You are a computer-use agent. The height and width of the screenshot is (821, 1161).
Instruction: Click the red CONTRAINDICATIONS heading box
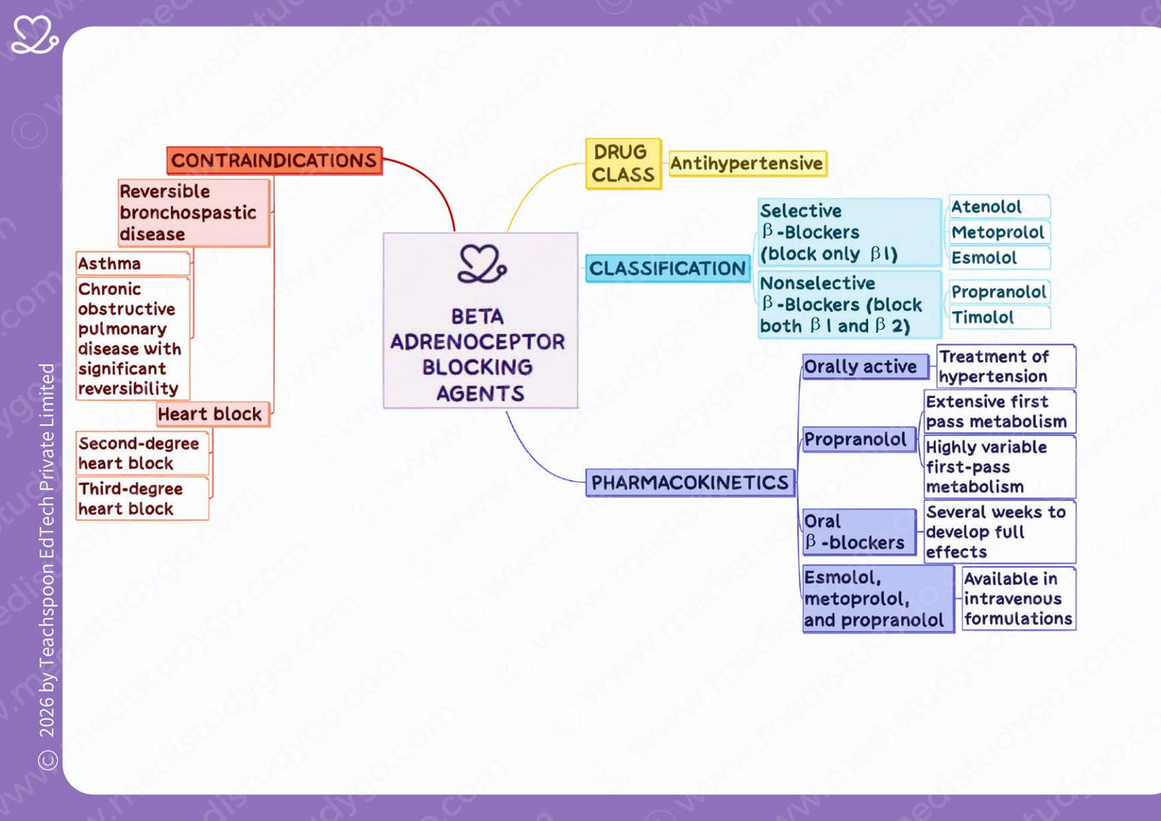coord(274,160)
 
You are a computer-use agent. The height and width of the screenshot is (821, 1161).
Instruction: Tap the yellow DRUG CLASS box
coord(624,164)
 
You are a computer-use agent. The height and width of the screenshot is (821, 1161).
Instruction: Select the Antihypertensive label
coord(747,164)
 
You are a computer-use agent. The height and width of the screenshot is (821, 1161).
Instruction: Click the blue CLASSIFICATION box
coord(668,269)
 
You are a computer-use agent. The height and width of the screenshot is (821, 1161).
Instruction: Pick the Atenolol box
coord(999,206)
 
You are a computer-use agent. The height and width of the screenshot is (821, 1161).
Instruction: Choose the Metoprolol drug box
coord(999,232)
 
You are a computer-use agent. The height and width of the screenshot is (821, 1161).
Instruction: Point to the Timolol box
coord(999,317)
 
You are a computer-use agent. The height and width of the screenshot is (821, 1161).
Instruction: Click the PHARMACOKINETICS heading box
coord(690,483)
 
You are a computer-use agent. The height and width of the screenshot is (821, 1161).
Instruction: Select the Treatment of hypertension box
coord(1006,367)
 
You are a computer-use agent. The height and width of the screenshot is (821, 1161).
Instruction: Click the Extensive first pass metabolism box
coord(1000,411)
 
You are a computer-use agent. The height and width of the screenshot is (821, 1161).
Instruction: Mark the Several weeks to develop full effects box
coord(1000,532)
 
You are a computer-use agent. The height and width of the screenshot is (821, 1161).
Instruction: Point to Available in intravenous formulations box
coord(1019,599)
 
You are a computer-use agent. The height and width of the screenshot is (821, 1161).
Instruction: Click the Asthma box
coord(134,264)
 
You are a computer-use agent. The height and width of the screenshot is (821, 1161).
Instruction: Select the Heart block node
coord(213,414)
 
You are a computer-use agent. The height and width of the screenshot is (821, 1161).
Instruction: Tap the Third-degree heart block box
coord(143,498)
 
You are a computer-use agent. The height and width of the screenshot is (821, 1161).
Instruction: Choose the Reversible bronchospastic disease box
coord(194,213)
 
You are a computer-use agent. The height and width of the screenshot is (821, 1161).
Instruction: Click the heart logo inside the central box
coord(482,264)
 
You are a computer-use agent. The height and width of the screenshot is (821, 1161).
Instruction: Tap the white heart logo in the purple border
coord(35,35)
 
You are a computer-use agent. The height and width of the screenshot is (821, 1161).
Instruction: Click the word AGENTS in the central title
coord(480,393)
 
